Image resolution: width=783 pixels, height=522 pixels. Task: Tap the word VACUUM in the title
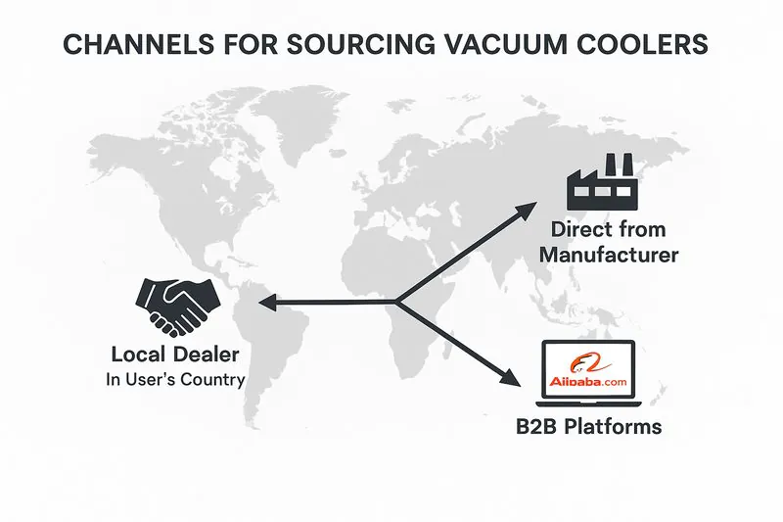tap(485, 45)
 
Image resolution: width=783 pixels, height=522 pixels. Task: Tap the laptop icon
tap(587, 374)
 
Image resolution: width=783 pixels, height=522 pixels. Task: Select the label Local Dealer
tap(176, 355)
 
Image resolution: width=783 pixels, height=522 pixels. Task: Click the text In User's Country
tap(176, 379)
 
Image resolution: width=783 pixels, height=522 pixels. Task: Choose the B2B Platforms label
tap(588, 427)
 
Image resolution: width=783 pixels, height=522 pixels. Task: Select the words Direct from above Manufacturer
tap(608, 231)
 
